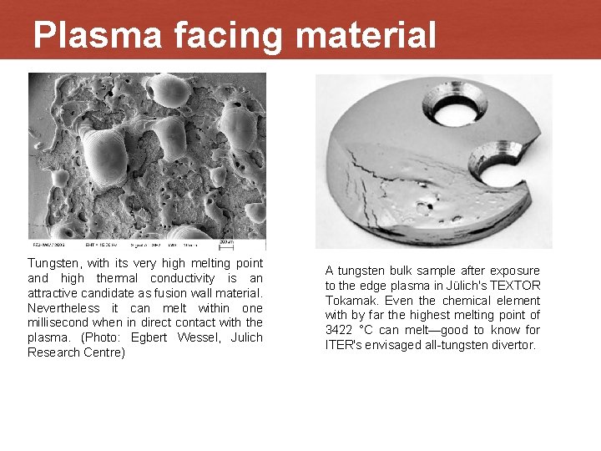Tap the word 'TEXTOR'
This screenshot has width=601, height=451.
[518, 286]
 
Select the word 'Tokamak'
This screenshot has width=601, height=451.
[351, 301]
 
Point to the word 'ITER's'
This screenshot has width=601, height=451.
[345, 345]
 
